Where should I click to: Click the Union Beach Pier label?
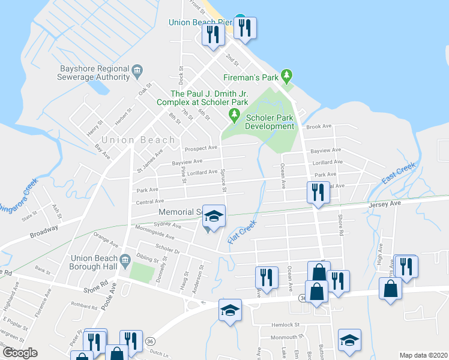[199, 23]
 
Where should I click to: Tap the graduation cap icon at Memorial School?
[214, 216]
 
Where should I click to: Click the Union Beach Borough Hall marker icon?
[124, 259]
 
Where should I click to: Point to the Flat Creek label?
[242, 231]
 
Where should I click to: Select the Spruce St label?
[223, 180]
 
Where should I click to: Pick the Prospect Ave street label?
[201, 148]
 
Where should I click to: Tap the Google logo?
[20, 353]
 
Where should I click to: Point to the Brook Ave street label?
[319, 127]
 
